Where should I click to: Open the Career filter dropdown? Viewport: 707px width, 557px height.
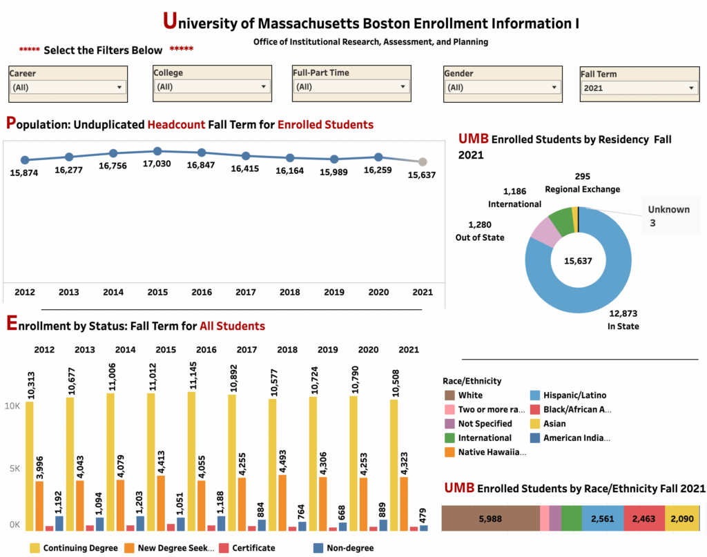(68, 88)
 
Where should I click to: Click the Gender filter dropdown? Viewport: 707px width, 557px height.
(502, 88)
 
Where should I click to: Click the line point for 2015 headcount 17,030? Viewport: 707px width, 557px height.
(157, 151)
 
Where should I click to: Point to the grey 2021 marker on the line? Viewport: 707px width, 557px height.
(423, 162)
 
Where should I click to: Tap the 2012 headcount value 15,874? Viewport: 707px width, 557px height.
(25, 173)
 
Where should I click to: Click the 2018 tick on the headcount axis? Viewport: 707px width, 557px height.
(290, 292)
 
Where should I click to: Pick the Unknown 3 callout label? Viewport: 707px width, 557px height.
(668, 216)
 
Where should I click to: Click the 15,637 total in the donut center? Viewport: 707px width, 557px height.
(579, 261)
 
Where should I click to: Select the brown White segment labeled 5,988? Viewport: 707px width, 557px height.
(490, 518)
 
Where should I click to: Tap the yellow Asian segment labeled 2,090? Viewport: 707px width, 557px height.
(682, 518)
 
